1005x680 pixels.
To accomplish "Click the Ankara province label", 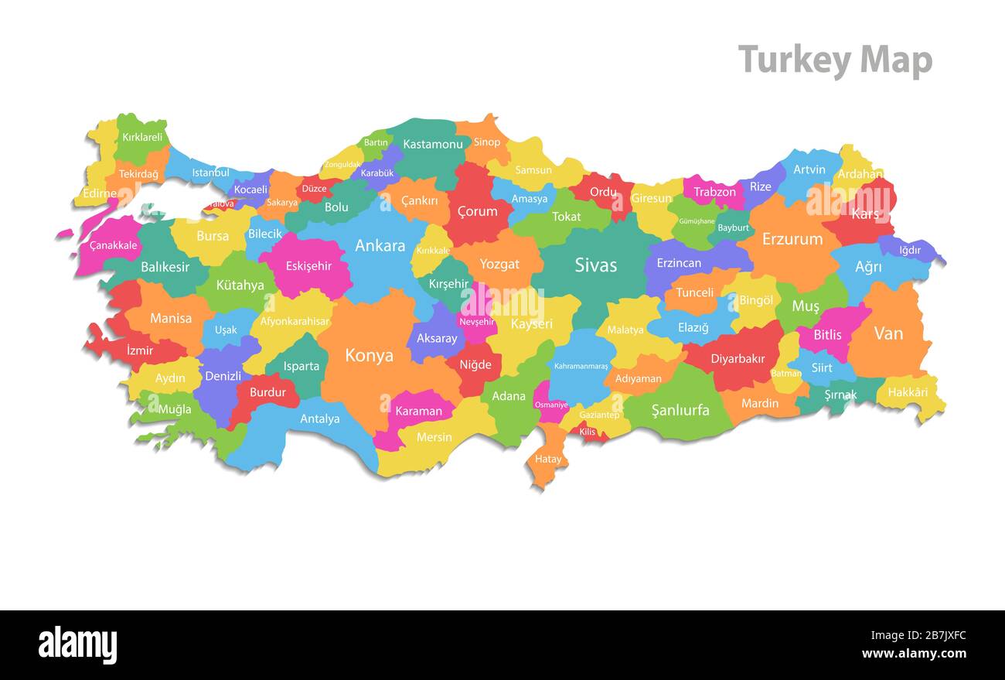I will tap(380, 246).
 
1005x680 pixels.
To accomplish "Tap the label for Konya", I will tap(369, 356).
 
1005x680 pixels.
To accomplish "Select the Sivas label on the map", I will tap(595, 265).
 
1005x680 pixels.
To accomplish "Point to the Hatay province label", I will tap(548, 460).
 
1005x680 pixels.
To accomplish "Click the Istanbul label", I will tap(210, 173).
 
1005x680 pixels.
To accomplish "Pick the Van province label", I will tap(888, 333).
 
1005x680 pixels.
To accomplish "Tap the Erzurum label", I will tap(792, 239).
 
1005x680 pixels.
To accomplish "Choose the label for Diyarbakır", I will tap(738, 359).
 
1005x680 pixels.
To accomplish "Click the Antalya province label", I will tap(319, 419).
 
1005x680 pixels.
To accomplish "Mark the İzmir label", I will tap(140, 350).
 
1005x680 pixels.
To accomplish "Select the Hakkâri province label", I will tap(908, 392).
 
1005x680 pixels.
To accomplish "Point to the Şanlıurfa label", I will tap(680, 410).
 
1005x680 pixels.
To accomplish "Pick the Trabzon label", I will tap(714, 192).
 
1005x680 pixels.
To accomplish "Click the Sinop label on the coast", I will tap(487, 142).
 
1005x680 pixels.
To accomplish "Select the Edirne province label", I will tap(100, 193).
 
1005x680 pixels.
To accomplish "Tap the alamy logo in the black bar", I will tap(77, 645).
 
